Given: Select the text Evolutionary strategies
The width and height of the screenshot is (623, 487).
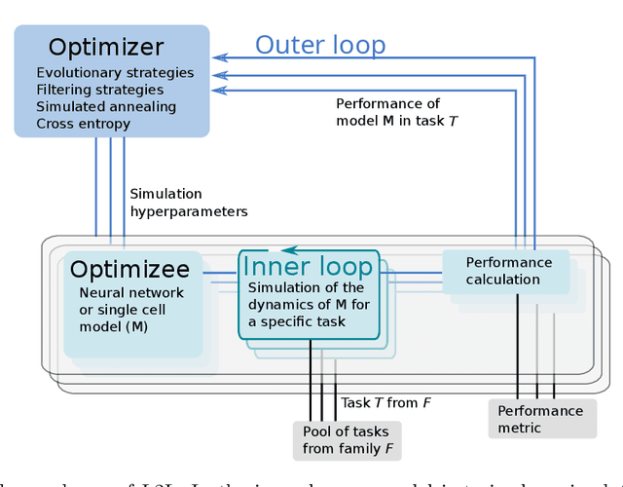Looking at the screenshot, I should click(x=115, y=73).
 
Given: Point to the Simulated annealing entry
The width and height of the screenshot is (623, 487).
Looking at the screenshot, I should click(x=106, y=106).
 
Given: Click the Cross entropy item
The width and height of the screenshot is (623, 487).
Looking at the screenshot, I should click(x=83, y=124).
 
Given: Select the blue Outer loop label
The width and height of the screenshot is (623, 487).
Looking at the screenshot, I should click(x=320, y=45).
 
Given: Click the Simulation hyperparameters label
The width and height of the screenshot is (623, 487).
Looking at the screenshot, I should click(x=188, y=203).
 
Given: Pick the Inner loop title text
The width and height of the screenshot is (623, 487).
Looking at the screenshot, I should click(x=307, y=267).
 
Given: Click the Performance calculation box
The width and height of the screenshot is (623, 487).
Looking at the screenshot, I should click(x=507, y=271).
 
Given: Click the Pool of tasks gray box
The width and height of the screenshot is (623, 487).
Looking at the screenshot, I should click(x=345, y=440).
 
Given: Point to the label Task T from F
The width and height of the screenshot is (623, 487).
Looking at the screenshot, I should click(x=385, y=402).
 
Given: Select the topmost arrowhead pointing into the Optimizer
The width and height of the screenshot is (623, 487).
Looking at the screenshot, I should click(x=219, y=57).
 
